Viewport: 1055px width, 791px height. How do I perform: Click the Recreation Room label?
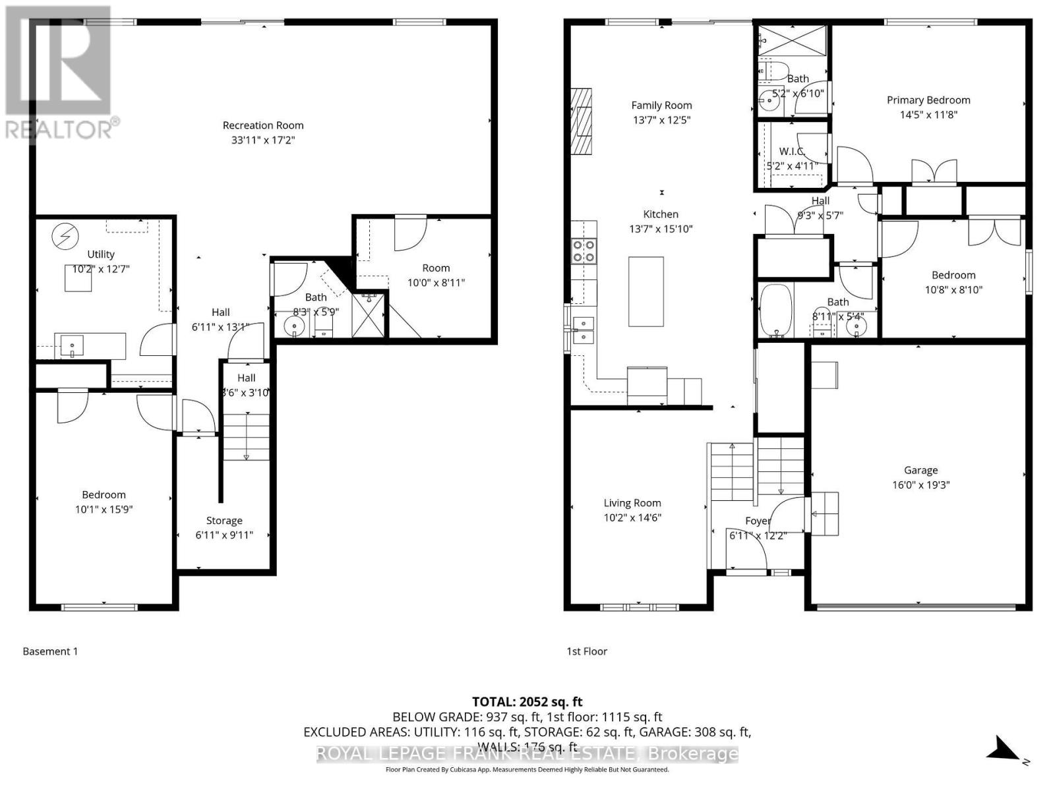(263, 125)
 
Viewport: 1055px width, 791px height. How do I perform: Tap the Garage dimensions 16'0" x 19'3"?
(920, 485)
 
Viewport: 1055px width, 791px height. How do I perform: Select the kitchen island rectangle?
(646, 291)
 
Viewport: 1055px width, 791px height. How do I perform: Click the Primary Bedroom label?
(928, 100)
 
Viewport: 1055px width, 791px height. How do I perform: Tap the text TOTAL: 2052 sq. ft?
(527, 702)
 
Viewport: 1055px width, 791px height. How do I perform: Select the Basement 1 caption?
(50, 651)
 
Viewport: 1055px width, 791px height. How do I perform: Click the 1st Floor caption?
(587, 651)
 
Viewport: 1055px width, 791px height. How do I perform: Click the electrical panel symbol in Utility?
(65, 236)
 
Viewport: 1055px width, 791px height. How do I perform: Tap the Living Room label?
(632, 503)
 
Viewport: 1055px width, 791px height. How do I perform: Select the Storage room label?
(224, 521)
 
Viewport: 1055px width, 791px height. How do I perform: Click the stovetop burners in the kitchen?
(584, 251)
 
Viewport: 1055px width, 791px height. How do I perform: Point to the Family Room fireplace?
(581, 121)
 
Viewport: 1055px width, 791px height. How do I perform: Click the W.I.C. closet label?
(791, 152)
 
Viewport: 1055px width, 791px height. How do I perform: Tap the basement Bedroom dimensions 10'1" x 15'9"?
(104, 510)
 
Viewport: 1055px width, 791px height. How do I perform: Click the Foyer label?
(758, 521)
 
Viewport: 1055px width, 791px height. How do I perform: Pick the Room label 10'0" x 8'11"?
(436, 268)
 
